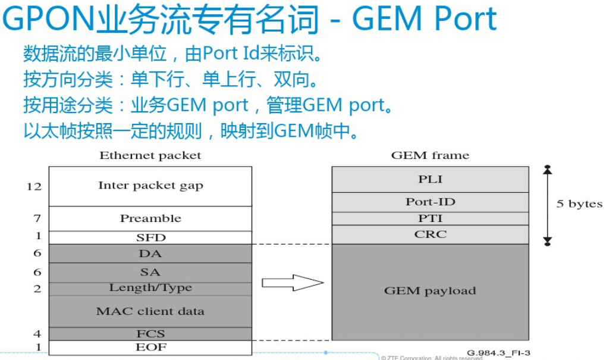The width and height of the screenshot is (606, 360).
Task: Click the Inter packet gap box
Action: [150, 186]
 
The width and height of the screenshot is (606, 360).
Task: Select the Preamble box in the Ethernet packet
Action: [150, 218]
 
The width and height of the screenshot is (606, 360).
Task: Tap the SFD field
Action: [150, 237]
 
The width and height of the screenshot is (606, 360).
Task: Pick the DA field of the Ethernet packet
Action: [150, 253]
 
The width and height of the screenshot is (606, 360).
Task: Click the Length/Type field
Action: [150, 288]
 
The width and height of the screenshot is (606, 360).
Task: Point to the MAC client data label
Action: [150, 311]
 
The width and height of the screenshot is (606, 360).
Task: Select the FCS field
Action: [150, 334]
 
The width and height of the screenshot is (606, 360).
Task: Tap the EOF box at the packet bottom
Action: [150, 347]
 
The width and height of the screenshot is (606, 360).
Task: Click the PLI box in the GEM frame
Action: [430, 179]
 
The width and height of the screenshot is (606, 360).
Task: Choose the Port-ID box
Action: [430, 202]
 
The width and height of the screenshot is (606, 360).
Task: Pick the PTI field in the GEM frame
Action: [430, 218]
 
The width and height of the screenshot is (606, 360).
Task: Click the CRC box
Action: [430, 234]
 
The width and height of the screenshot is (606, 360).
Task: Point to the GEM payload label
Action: [430, 291]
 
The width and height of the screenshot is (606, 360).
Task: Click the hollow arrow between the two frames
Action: [292, 283]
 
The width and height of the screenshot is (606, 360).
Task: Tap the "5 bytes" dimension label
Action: [579, 204]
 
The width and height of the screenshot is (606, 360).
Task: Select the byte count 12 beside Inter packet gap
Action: [34, 186]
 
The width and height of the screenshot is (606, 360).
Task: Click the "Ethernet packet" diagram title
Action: [150, 156]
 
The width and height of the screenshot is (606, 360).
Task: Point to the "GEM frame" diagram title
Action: [430, 156]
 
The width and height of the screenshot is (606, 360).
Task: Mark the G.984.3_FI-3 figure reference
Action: [498, 353]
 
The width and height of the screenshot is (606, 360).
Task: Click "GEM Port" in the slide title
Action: [425, 19]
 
